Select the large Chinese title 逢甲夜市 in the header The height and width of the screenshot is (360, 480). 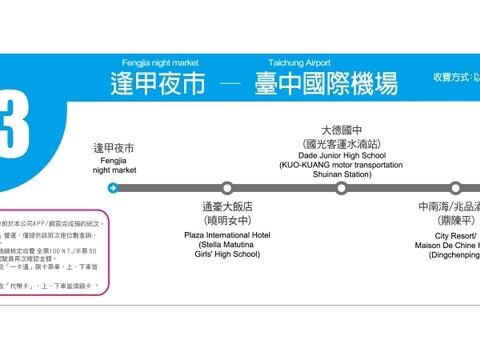click(158, 83)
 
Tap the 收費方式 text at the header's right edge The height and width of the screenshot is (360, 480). click(455, 78)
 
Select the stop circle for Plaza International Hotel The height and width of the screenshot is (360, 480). click(227, 187)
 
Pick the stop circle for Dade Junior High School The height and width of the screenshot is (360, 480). click(341, 187)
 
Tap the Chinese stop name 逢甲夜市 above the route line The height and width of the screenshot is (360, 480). click(113, 148)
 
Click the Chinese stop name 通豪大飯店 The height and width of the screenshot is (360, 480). click(227, 207)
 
